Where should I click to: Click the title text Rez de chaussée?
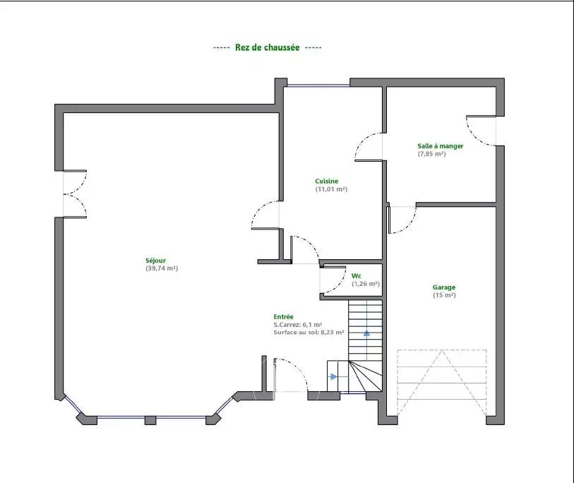pyautogui.click(x=268, y=47)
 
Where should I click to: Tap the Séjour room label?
pyautogui.click(x=155, y=261)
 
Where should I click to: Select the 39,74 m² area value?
pyautogui.click(x=162, y=268)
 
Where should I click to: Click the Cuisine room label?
pyautogui.click(x=326, y=181)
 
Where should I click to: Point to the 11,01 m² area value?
pyautogui.click(x=331, y=189)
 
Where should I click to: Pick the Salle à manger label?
pyautogui.click(x=441, y=145)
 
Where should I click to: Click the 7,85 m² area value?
pyautogui.click(x=432, y=154)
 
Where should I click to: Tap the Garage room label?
pyautogui.click(x=444, y=287)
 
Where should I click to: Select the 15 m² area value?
pyautogui.click(x=444, y=295)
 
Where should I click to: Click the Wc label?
pyautogui.click(x=356, y=275)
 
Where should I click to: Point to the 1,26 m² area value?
pyautogui.click(x=366, y=284)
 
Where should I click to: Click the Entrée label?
pyautogui.click(x=283, y=317)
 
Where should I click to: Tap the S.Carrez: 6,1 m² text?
pyautogui.click(x=298, y=324)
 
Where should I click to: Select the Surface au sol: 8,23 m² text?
pyautogui.click(x=309, y=333)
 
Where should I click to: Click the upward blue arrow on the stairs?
pyautogui.click(x=366, y=333)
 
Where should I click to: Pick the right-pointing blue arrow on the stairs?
pyautogui.click(x=333, y=376)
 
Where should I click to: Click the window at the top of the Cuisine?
pyautogui.click(x=318, y=85)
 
